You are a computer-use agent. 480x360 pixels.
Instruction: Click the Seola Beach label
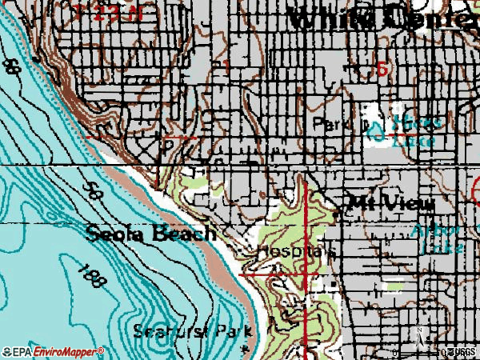point(150,234)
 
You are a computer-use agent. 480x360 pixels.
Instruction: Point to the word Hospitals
point(295,251)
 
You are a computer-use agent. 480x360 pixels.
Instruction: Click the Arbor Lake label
point(436,239)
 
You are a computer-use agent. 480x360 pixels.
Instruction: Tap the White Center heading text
point(382,18)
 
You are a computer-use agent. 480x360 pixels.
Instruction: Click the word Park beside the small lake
point(329,125)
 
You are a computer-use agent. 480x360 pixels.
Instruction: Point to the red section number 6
point(382,69)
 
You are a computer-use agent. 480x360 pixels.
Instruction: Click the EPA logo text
point(24,352)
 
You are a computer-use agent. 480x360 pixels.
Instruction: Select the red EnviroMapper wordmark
point(68,352)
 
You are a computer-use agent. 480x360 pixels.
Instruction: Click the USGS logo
point(461,352)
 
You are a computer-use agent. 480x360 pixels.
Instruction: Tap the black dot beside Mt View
point(337,214)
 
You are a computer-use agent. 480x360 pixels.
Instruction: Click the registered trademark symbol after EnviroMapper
point(102,350)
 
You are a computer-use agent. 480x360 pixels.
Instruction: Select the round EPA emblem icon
point(6,352)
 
